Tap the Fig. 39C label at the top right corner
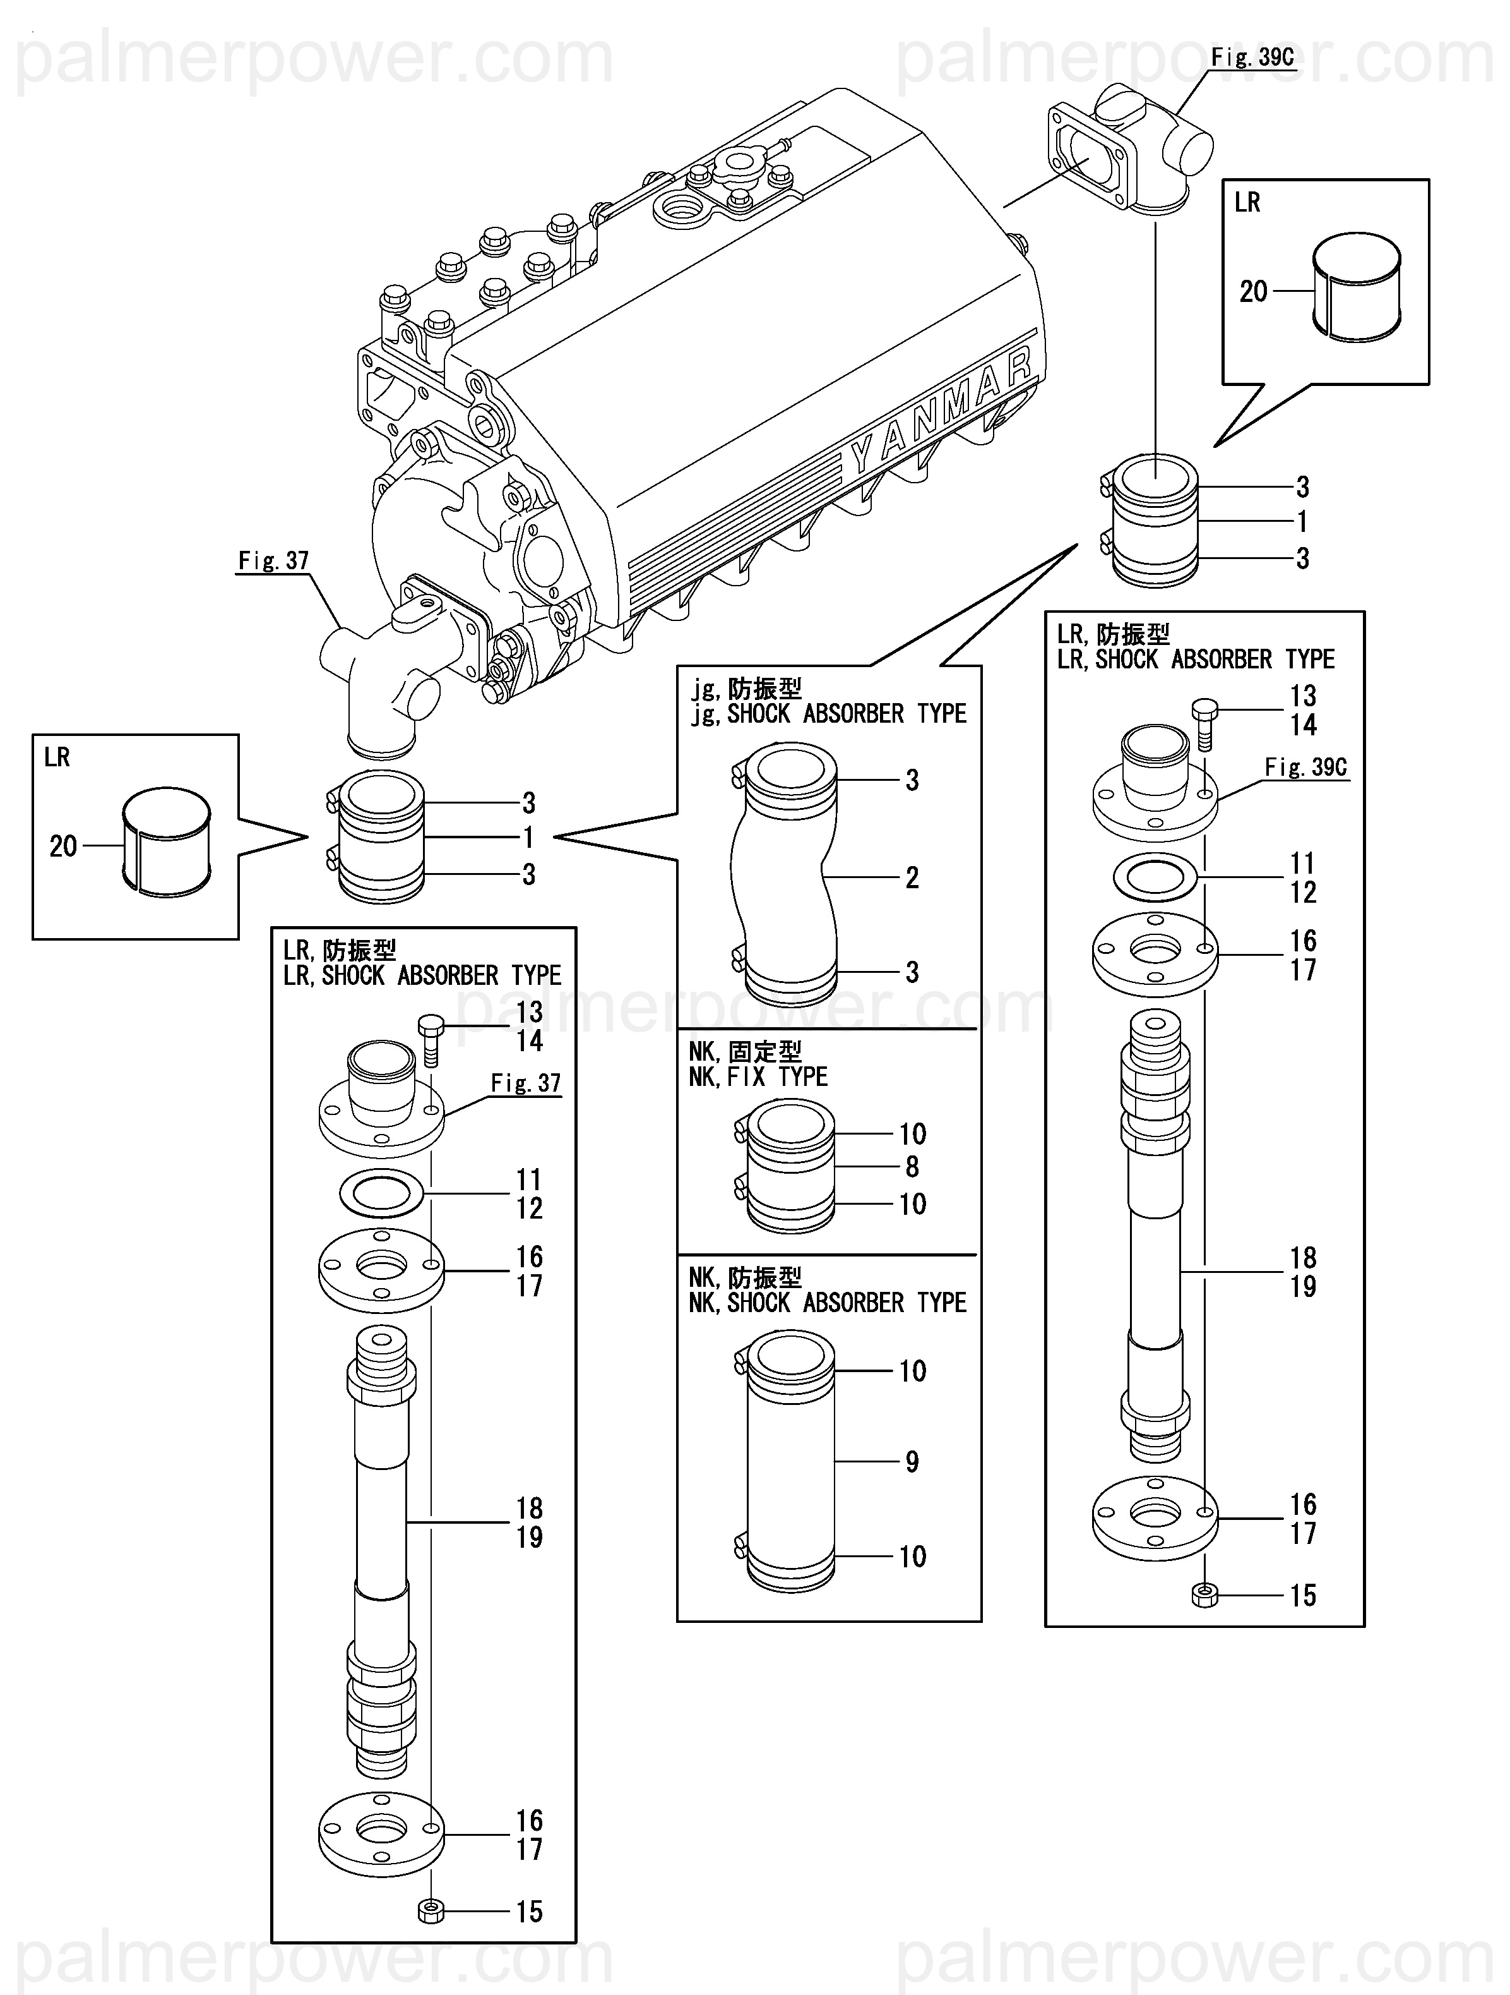[x=1251, y=57]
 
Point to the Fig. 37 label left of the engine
[x=273, y=561]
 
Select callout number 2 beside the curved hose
[x=912, y=877]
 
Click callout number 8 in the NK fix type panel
[x=912, y=1167]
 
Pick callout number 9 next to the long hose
[x=912, y=1462]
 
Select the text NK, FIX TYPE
[x=758, y=1077]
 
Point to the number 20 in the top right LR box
[x=1253, y=291]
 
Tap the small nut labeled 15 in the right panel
[x=1204, y=1596]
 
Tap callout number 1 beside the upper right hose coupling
[x=1302, y=521]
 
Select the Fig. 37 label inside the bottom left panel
[x=526, y=1083]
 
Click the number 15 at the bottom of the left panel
[x=529, y=1912]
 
